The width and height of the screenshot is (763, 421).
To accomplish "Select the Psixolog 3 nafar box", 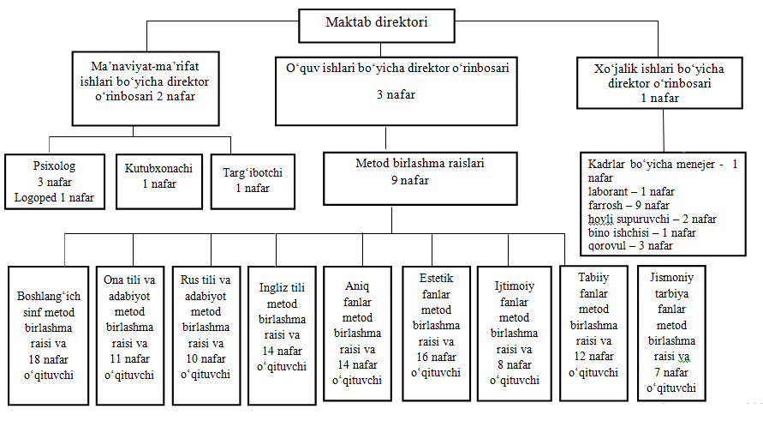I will [x=54, y=181].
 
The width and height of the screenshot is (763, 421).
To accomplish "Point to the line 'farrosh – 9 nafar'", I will [x=629, y=206].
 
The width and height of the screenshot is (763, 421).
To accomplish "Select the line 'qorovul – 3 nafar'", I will [x=630, y=245].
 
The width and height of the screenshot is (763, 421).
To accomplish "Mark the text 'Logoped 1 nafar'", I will [x=54, y=198].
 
